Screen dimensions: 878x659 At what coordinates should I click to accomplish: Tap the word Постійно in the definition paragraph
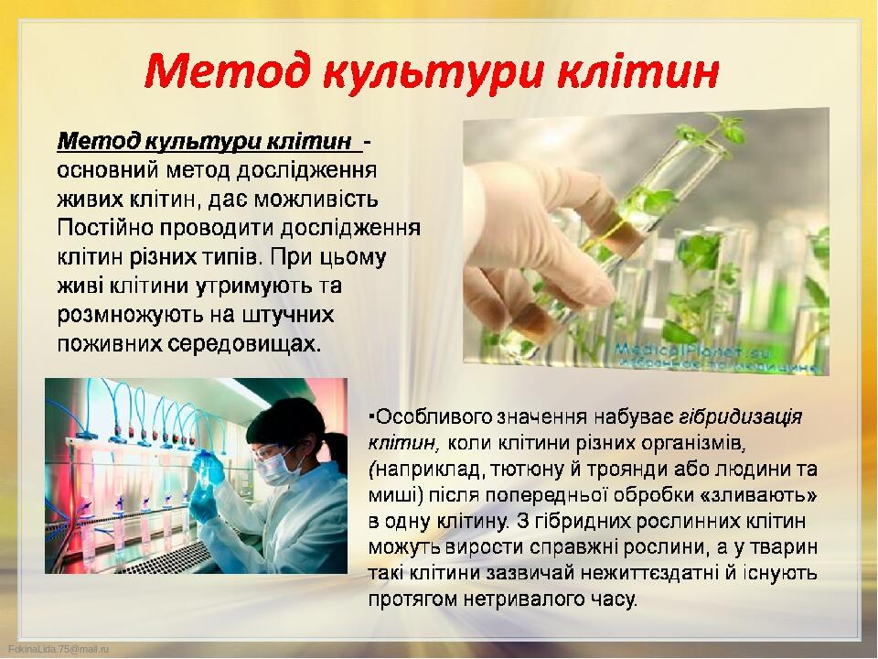[105, 228]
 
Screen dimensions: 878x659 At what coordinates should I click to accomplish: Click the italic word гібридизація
[741, 417]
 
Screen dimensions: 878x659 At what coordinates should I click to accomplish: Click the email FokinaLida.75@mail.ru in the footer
[59, 649]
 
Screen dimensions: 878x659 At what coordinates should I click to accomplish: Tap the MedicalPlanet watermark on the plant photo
[692, 351]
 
